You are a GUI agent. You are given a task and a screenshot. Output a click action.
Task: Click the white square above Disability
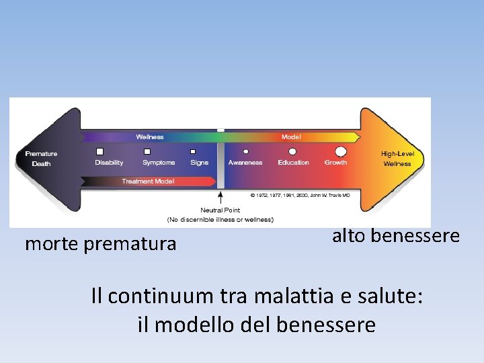pyautogui.click(x=100, y=152)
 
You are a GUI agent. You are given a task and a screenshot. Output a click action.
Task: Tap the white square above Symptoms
pyautogui.click(x=147, y=152)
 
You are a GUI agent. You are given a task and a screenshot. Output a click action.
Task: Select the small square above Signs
pyautogui.click(x=193, y=152)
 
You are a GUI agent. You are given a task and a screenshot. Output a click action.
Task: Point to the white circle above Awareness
pyautogui.click(x=246, y=152)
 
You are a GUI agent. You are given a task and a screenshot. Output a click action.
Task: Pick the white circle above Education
pyautogui.click(x=292, y=152)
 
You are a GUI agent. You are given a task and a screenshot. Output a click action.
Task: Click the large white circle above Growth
pyautogui.click(x=340, y=152)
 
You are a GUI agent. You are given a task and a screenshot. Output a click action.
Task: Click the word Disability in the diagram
pyautogui.click(x=109, y=163)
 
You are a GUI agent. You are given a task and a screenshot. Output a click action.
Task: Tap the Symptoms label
pyautogui.click(x=159, y=163)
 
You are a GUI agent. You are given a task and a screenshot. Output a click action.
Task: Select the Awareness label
pyautogui.click(x=245, y=163)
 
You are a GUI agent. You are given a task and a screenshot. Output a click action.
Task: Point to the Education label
pyautogui.click(x=293, y=163)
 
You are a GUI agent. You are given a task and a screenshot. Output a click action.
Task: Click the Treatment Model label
pyautogui.click(x=148, y=181)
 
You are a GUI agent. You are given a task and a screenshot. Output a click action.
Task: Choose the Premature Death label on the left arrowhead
pyautogui.click(x=41, y=159)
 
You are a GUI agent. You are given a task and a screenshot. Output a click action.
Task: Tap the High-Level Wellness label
pyautogui.click(x=397, y=159)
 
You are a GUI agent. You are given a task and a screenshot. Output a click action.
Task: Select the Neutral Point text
pyautogui.click(x=220, y=210)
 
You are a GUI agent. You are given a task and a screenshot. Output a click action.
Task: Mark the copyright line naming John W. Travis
pyautogui.click(x=300, y=195)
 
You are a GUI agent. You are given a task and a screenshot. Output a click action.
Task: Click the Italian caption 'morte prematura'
pyautogui.click(x=100, y=243)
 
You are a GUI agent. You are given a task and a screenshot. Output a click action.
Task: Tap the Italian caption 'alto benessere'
pyautogui.click(x=396, y=236)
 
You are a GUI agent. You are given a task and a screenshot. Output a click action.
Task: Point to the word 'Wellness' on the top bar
pyautogui.click(x=150, y=137)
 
